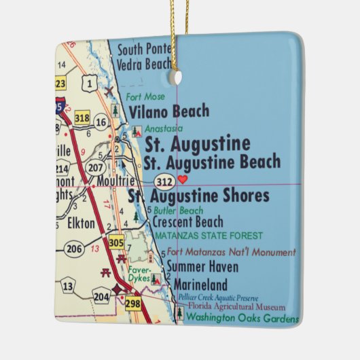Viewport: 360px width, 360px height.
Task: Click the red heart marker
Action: pos(182,180)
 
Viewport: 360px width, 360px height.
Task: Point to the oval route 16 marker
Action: pos(101,122)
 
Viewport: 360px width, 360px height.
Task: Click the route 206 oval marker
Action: pos(74,249)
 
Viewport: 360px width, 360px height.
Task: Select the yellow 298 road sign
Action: pos(132,303)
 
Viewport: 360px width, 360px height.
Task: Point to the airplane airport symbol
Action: pos(109,90)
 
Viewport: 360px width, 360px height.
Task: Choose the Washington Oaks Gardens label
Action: pos(242,318)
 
